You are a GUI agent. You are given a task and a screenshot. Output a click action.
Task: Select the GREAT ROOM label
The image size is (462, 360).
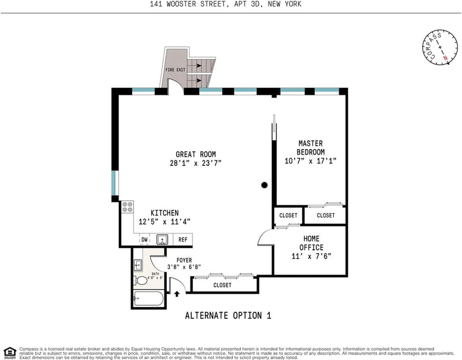196,154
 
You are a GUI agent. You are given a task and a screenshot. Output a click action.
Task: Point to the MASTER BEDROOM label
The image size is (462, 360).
311,147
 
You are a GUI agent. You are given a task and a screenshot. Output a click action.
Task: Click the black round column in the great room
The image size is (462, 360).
264,185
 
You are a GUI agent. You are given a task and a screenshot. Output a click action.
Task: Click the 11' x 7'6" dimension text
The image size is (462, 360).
311,256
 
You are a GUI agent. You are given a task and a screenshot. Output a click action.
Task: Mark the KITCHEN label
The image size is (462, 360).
165,213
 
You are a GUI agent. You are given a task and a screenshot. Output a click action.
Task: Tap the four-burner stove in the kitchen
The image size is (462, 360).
128,207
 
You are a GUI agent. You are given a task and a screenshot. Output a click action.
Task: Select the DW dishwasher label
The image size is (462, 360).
144,239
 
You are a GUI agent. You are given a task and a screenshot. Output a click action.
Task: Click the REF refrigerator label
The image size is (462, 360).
182,239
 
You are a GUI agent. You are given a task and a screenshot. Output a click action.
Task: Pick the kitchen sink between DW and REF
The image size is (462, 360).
163,239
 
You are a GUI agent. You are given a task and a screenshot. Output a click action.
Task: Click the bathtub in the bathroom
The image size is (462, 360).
148,299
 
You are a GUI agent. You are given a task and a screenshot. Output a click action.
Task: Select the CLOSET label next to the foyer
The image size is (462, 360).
222,285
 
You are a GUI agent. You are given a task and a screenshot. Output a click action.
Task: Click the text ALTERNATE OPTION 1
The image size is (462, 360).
228,316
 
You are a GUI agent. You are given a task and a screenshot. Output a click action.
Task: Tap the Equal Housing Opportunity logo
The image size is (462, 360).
9,351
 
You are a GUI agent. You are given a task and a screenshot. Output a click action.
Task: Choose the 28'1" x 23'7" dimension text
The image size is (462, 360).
196,164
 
